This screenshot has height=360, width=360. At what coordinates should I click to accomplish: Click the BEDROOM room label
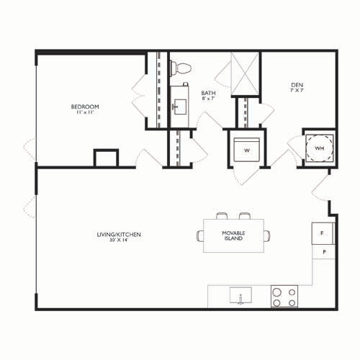[85, 107]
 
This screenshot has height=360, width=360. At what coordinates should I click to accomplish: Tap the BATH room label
[208, 93]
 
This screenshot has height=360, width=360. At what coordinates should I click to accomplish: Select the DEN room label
[297, 85]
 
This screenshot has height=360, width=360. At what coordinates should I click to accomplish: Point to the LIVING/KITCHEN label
[119, 235]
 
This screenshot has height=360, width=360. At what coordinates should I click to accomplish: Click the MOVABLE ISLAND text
[233, 235]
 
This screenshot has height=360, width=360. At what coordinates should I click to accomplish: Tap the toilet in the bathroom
[181, 68]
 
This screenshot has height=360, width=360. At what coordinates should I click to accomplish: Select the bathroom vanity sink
[180, 107]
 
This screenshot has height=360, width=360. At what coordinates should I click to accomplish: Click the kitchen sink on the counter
[240, 295]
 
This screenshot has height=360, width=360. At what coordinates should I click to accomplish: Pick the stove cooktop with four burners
[284, 297]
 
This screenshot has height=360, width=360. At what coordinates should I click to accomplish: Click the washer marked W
[247, 150]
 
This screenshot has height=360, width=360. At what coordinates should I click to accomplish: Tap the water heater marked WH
[319, 148]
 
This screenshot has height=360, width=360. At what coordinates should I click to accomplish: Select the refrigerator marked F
[323, 233]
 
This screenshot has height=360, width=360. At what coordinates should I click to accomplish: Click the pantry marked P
[324, 252]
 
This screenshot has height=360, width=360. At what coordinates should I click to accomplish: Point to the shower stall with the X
[245, 74]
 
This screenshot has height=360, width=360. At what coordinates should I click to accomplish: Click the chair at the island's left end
[200, 235]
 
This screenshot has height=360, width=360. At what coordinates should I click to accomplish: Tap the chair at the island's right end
[267, 235]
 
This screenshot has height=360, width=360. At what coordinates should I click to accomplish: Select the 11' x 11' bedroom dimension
[85, 112]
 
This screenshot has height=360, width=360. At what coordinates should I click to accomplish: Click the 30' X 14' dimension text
[119, 240]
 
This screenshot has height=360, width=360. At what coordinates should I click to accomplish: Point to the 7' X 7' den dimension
[297, 91]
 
